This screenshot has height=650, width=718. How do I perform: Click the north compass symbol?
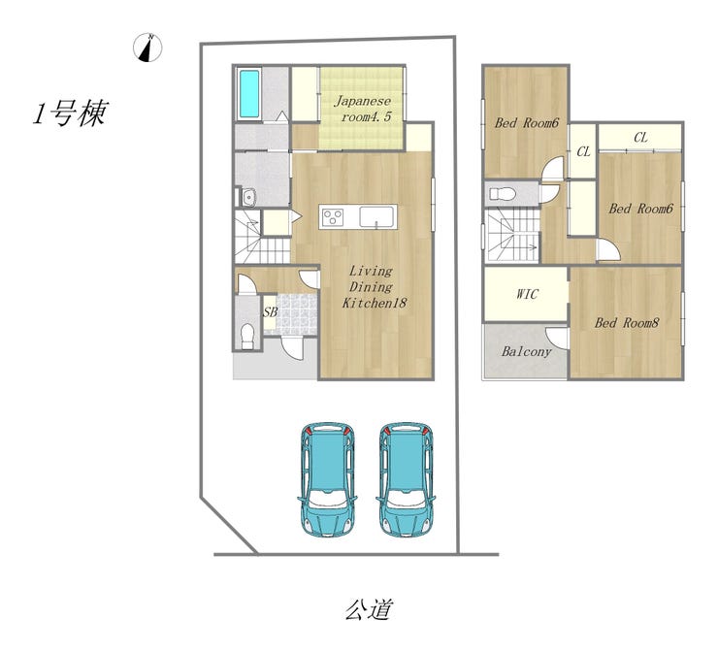[147, 48]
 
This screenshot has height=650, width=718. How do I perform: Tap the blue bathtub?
[249, 93]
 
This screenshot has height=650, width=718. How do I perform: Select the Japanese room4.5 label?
[363, 109]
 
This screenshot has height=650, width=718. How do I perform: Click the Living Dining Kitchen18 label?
[374, 287]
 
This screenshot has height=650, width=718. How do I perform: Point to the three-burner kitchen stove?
[333, 217]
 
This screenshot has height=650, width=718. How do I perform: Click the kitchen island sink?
[376, 217]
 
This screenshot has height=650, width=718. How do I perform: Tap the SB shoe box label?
[270, 312]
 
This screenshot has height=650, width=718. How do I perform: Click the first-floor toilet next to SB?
[247, 337]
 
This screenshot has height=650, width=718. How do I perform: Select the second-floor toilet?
[503, 194]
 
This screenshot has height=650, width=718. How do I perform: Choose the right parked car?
[405, 479]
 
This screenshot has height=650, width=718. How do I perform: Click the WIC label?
[527, 294]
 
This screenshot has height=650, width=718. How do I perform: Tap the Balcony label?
[526, 351]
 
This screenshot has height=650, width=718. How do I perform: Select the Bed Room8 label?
[627, 323]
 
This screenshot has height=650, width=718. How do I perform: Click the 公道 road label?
[369, 610]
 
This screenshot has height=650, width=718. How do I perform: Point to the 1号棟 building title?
[70, 114]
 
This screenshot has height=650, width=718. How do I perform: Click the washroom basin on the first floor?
[249, 198]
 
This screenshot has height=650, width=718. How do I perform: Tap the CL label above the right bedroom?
[640, 138]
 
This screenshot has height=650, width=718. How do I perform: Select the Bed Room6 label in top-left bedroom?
[527, 122]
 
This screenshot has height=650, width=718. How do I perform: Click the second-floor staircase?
[513, 235]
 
